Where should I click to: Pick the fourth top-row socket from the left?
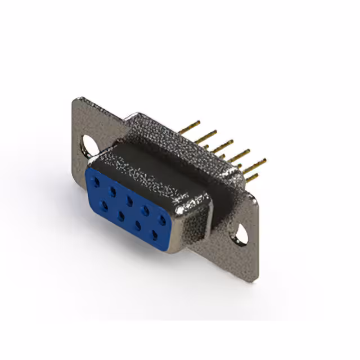point(146,209)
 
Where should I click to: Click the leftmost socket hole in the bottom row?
point(105,205)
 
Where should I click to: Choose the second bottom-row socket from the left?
point(121,214)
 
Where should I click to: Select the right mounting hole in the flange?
point(241,235)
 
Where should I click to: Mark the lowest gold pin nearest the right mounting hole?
point(251,178)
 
